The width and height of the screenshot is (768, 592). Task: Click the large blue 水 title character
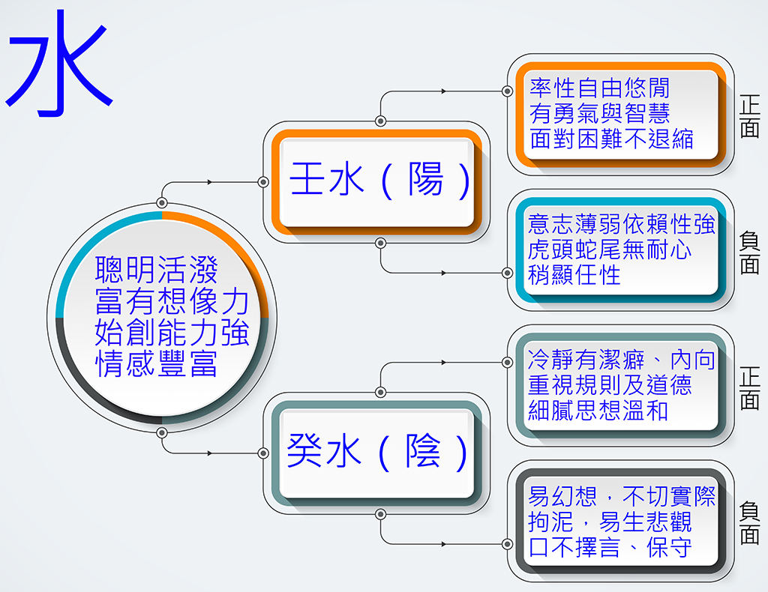(x=58, y=63)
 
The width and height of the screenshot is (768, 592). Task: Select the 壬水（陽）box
(x=376, y=181)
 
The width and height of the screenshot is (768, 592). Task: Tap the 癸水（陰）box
(x=376, y=453)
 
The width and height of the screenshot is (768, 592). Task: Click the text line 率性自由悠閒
(x=599, y=88)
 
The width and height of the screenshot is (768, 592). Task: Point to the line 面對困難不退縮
(x=611, y=139)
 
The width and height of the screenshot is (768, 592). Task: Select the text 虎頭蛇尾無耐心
(x=609, y=250)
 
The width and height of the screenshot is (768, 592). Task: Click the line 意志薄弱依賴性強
(x=622, y=224)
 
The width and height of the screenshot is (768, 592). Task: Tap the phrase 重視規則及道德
(x=609, y=385)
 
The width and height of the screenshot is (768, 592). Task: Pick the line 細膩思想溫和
(x=598, y=411)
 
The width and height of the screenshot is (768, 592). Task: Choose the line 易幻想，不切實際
(x=622, y=496)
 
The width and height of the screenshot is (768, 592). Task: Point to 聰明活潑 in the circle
(x=156, y=270)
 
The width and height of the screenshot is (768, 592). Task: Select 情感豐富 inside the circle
(x=156, y=363)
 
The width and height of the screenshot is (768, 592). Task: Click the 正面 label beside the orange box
(x=749, y=116)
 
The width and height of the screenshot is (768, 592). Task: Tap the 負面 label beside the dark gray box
(x=749, y=522)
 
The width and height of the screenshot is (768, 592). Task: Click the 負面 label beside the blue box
(x=749, y=252)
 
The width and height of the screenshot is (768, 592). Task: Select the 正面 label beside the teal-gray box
(x=749, y=387)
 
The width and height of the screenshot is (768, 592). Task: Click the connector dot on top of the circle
(x=162, y=202)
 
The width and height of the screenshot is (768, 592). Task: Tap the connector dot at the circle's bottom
(x=162, y=432)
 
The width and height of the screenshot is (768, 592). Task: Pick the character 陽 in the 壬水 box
(x=426, y=179)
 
